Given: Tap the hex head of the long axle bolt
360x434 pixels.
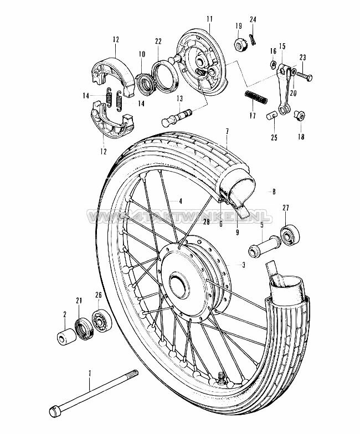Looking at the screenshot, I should click(x=54, y=410).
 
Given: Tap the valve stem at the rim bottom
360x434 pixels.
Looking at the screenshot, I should click(x=220, y=377).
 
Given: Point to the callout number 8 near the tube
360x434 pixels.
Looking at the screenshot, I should click(x=274, y=191).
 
